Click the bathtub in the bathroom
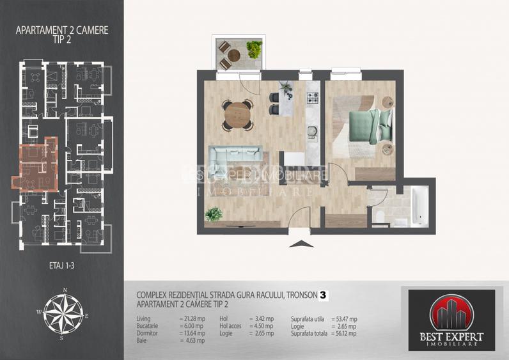coord(419,205)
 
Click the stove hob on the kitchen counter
coord(313,98)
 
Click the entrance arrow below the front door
coord(299,243)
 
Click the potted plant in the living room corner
coord(214,214)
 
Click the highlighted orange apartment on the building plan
coord(38,166)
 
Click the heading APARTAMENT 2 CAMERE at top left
coord(62,29)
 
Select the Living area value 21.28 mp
coord(191,318)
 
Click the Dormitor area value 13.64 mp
coord(191,333)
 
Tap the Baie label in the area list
coord(142,341)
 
